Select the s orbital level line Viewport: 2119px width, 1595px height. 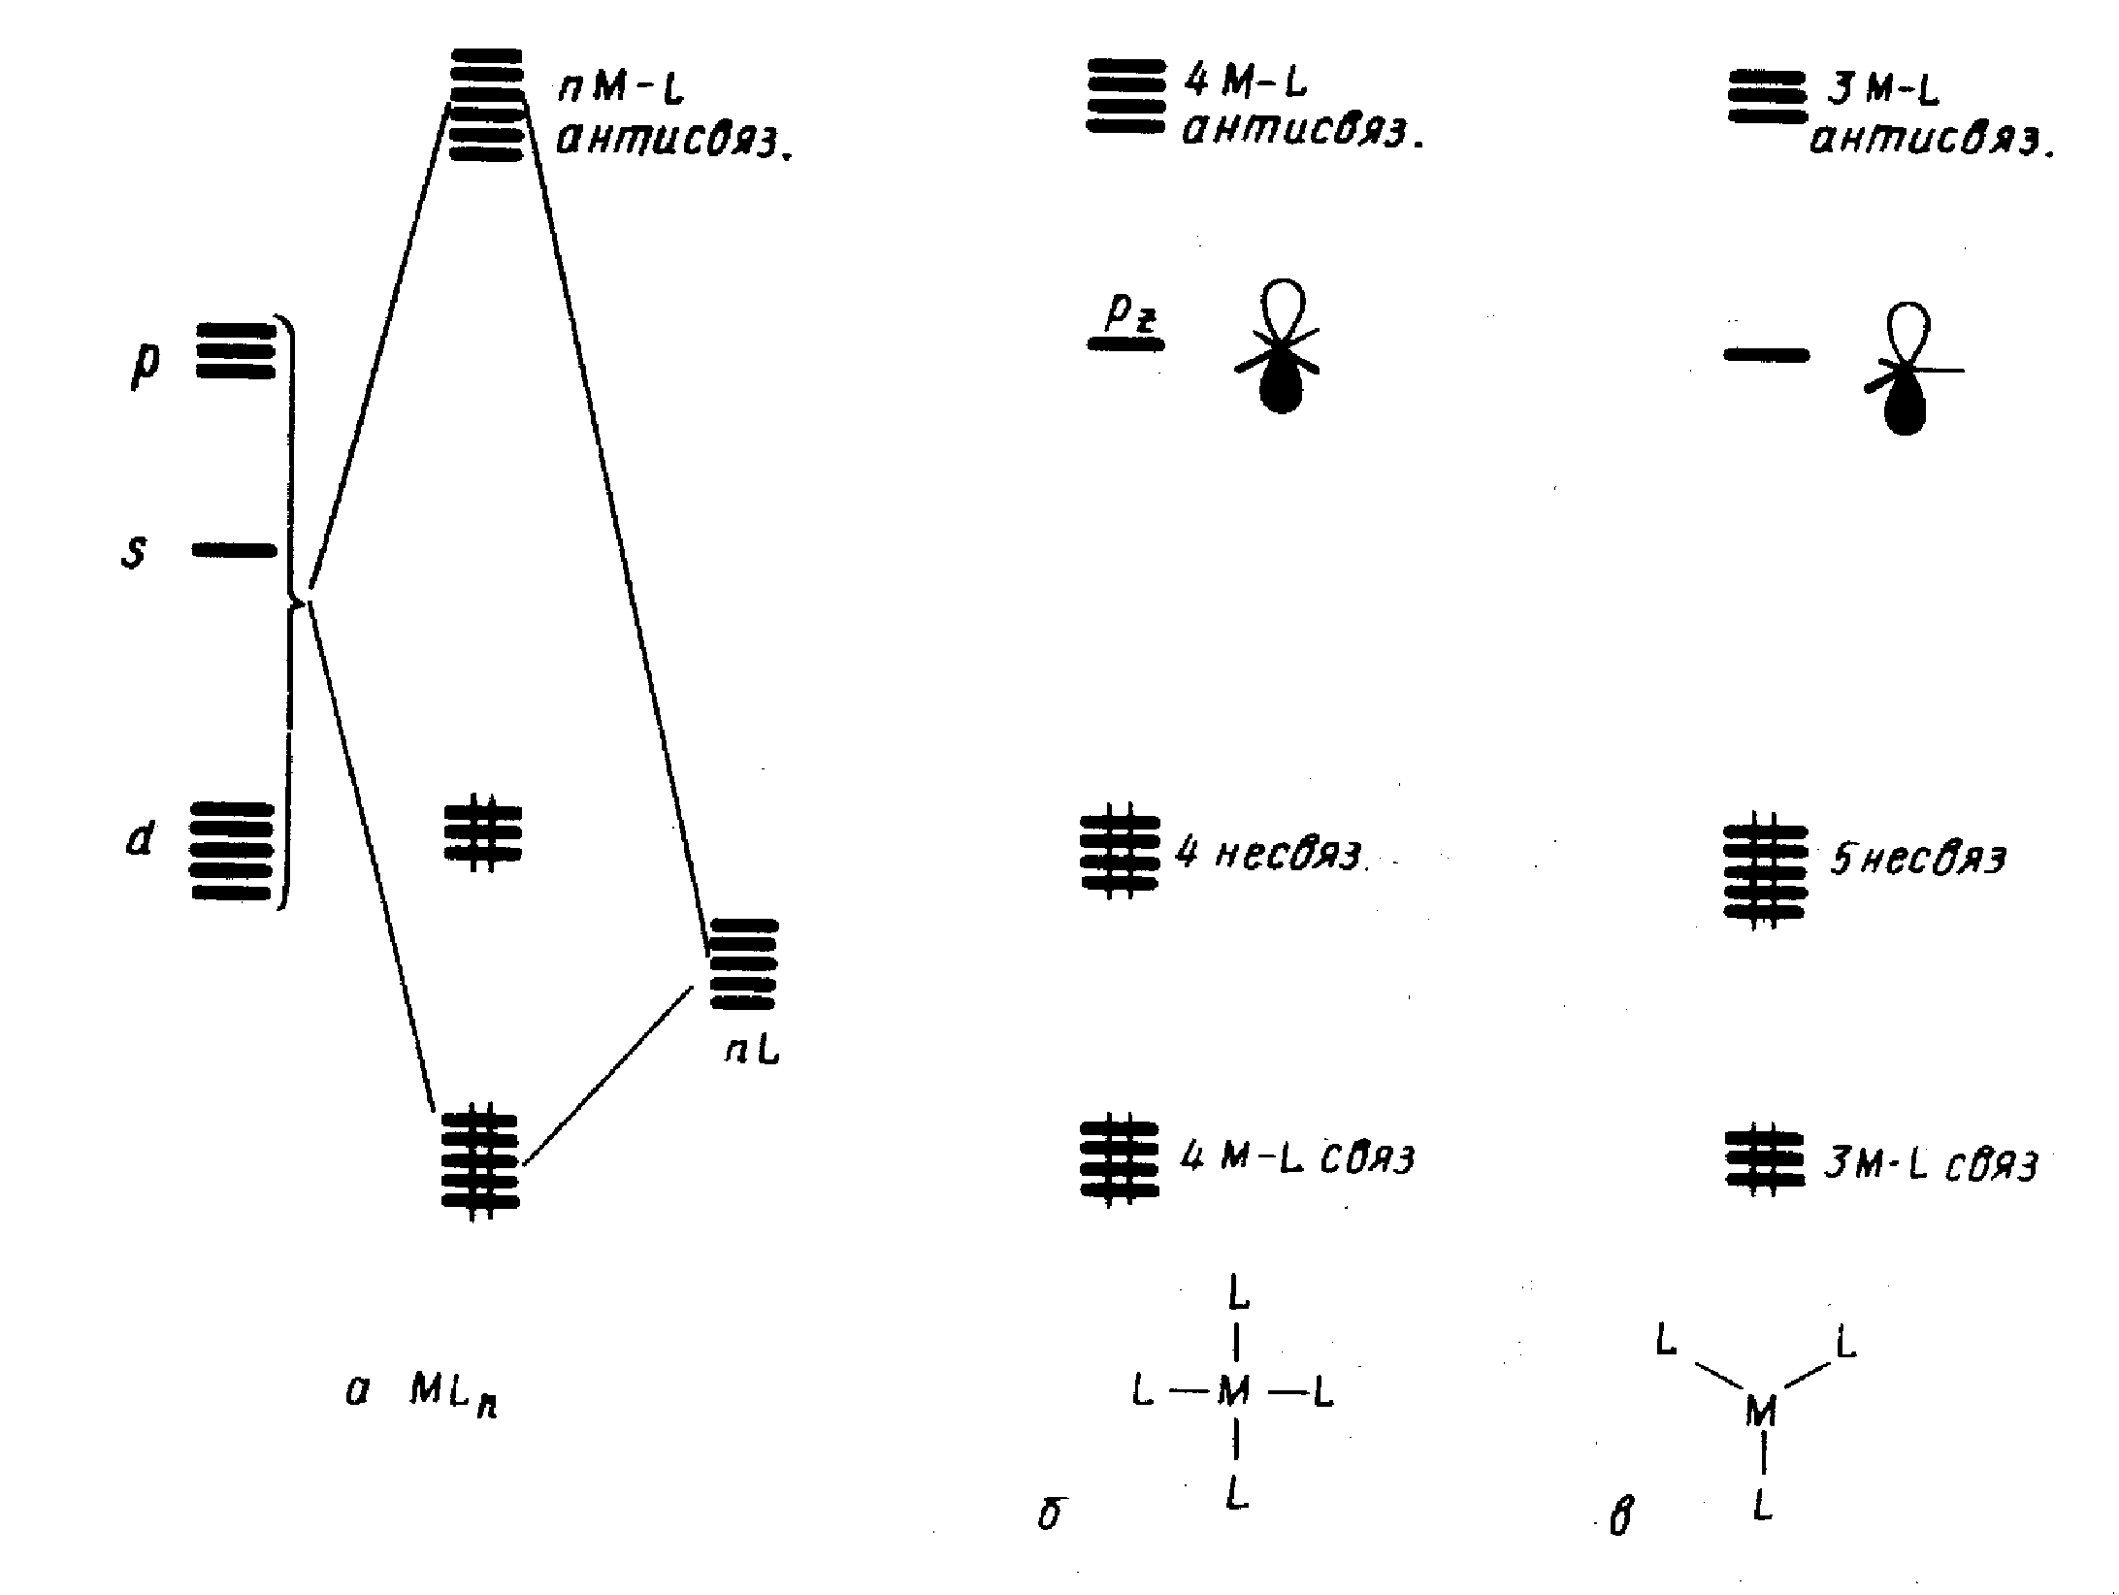pyautogui.click(x=235, y=551)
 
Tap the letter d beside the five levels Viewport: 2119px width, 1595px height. pyautogui.click(x=141, y=838)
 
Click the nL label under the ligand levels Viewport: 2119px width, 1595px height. pyautogui.click(x=752, y=1052)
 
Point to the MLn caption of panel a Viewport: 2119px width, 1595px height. pyautogui.click(x=452, y=1393)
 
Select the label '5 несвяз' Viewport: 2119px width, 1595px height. pyautogui.click(x=1917, y=860)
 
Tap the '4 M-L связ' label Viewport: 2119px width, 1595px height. pyautogui.click(x=1296, y=1158)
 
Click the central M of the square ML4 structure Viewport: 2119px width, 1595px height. pyautogui.click(x=1233, y=1392)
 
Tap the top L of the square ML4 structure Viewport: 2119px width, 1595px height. pyautogui.click(x=1237, y=1292)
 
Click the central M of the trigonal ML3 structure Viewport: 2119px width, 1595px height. pyautogui.click(x=1761, y=1412)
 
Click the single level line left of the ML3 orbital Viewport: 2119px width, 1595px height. pyautogui.click(x=1766, y=355)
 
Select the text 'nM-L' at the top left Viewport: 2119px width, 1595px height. pyautogui.click(x=621, y=89)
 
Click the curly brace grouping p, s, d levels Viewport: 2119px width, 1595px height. pyautogui.click(x=289, y=611)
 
